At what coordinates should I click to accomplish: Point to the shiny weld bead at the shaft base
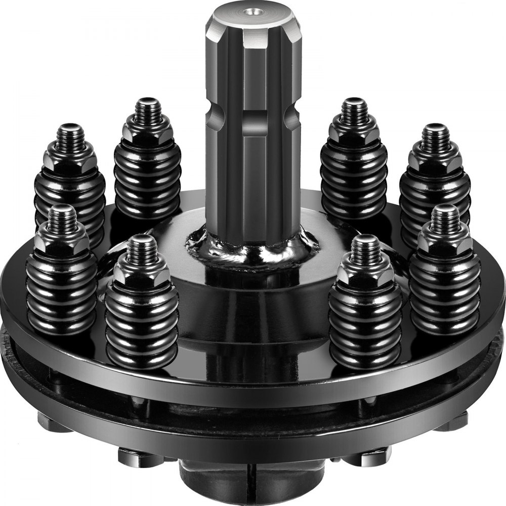253,248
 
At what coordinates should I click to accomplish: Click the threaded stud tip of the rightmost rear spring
436,135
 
